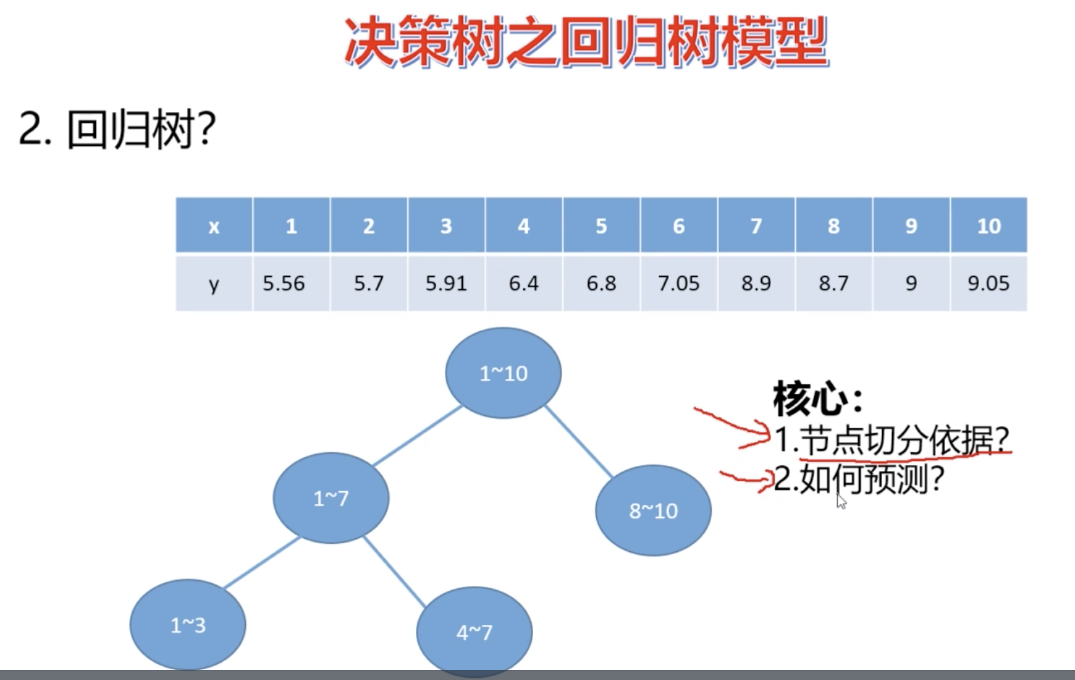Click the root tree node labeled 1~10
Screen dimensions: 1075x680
503,373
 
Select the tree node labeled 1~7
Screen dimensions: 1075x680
331,498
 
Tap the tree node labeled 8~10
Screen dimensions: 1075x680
653,511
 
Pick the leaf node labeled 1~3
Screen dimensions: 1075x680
187,625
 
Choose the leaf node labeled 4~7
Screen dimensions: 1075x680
474,632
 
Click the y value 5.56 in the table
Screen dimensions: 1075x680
284,283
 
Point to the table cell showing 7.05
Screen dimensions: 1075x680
679,283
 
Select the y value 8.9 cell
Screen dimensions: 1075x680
756,283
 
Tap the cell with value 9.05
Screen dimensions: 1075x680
988,283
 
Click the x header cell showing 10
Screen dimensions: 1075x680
988,226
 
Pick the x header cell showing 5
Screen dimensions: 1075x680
601,226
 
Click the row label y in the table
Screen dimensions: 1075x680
213,283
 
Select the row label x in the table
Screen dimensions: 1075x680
213,226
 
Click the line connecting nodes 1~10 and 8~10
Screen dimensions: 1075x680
579,441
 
